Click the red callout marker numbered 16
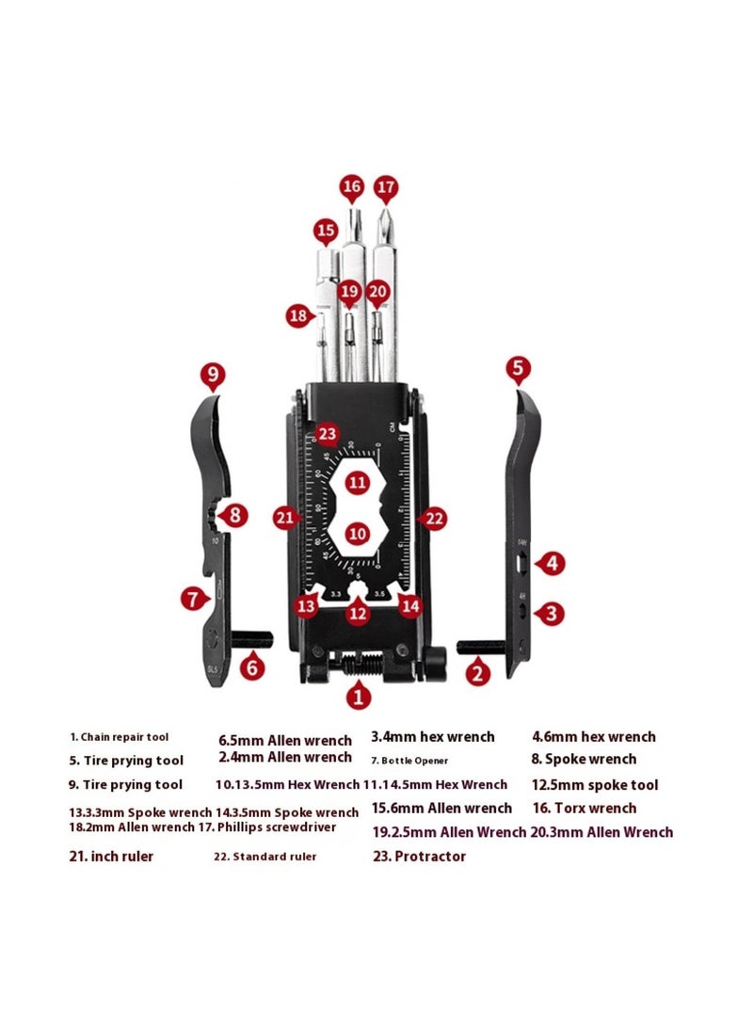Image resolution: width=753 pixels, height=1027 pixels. (352, 187)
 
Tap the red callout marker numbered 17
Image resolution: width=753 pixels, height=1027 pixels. (386, 187)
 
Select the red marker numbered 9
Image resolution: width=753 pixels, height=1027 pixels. (213, 377)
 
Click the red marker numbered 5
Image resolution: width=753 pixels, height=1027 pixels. (518, 368)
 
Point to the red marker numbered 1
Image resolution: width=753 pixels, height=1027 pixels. (358, 697)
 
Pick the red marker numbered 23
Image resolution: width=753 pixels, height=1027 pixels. (327, 435)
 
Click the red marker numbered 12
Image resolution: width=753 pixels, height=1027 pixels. (357, 613)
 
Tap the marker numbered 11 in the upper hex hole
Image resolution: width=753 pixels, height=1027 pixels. (357, 483)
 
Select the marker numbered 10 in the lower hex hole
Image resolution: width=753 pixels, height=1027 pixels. (357, 533)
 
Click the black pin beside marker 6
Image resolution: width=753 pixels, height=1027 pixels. (252, 640)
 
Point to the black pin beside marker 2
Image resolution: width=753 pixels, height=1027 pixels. (482, 647)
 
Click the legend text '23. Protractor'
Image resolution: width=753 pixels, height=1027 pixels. (419, 857)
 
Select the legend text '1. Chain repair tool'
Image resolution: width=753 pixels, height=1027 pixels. (120, 737)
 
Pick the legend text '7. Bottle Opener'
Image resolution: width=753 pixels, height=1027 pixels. (409, 760)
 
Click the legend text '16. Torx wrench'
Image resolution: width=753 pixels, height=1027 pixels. (584, 808)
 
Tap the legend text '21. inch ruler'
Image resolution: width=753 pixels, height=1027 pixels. (111, 857)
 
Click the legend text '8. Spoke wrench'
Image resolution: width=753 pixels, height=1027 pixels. (584, 760)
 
